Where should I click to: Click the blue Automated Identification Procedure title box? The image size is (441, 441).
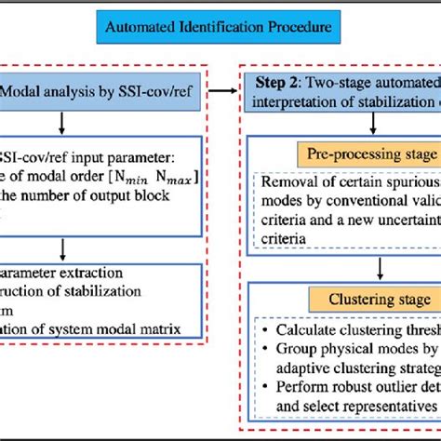(x=220, y=28)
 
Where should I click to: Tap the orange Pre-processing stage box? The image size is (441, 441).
(x=367, y=153)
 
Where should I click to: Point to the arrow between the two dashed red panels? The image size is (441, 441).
(x=221, y=91)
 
